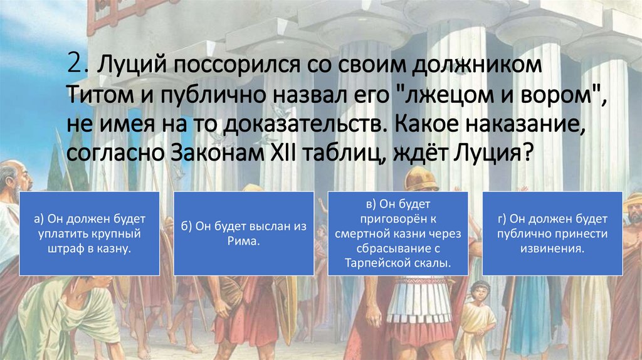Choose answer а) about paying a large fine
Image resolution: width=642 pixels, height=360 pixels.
tap(90, 234)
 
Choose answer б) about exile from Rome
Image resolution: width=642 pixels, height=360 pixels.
tap(243, 234)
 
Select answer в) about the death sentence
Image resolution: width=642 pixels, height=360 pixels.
tap(397, 234)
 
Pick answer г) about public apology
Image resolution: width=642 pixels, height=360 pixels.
tap(552, 234)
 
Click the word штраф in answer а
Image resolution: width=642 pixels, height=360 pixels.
tap(65, 248)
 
